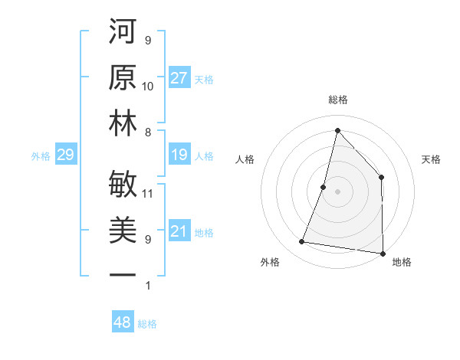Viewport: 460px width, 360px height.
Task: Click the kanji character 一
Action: pyautogui.click(x=123, y=274)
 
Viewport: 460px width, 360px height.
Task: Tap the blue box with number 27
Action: pyautogui.click(x=179, y=78)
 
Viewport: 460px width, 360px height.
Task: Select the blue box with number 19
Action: pyautogui.click(x=179, y=155)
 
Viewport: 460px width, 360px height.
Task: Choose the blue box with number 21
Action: pyautogui.click(x=179, y=232)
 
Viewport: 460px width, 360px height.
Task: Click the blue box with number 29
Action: pyautogui.click(x=65, y=155)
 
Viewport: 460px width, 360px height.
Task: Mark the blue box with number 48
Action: pyautogui.click(x=123, y=322)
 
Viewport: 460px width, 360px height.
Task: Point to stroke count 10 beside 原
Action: pyautogui.click(x=148, y=86)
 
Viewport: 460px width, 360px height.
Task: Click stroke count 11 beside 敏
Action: pyautogui.click(x=148, y=193)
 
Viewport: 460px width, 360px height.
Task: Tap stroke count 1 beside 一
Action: pyautogui.click(x=147, y=286)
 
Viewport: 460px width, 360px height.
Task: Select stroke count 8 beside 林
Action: pyautogui.click(x=147, y=132)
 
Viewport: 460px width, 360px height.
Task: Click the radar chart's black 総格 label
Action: pyautogui.click(x=337, y=100)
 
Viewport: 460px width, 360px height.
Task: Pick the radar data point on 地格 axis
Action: pyautogui.click(x=383, y=253)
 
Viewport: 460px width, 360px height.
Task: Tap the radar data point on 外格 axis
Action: pyautogui.click(x=302, y=242)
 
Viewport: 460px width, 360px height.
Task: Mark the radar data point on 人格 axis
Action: pyautogui.click(x=324, y=187)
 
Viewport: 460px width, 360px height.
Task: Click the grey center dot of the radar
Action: pyautogui.click(x=337, y=191)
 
